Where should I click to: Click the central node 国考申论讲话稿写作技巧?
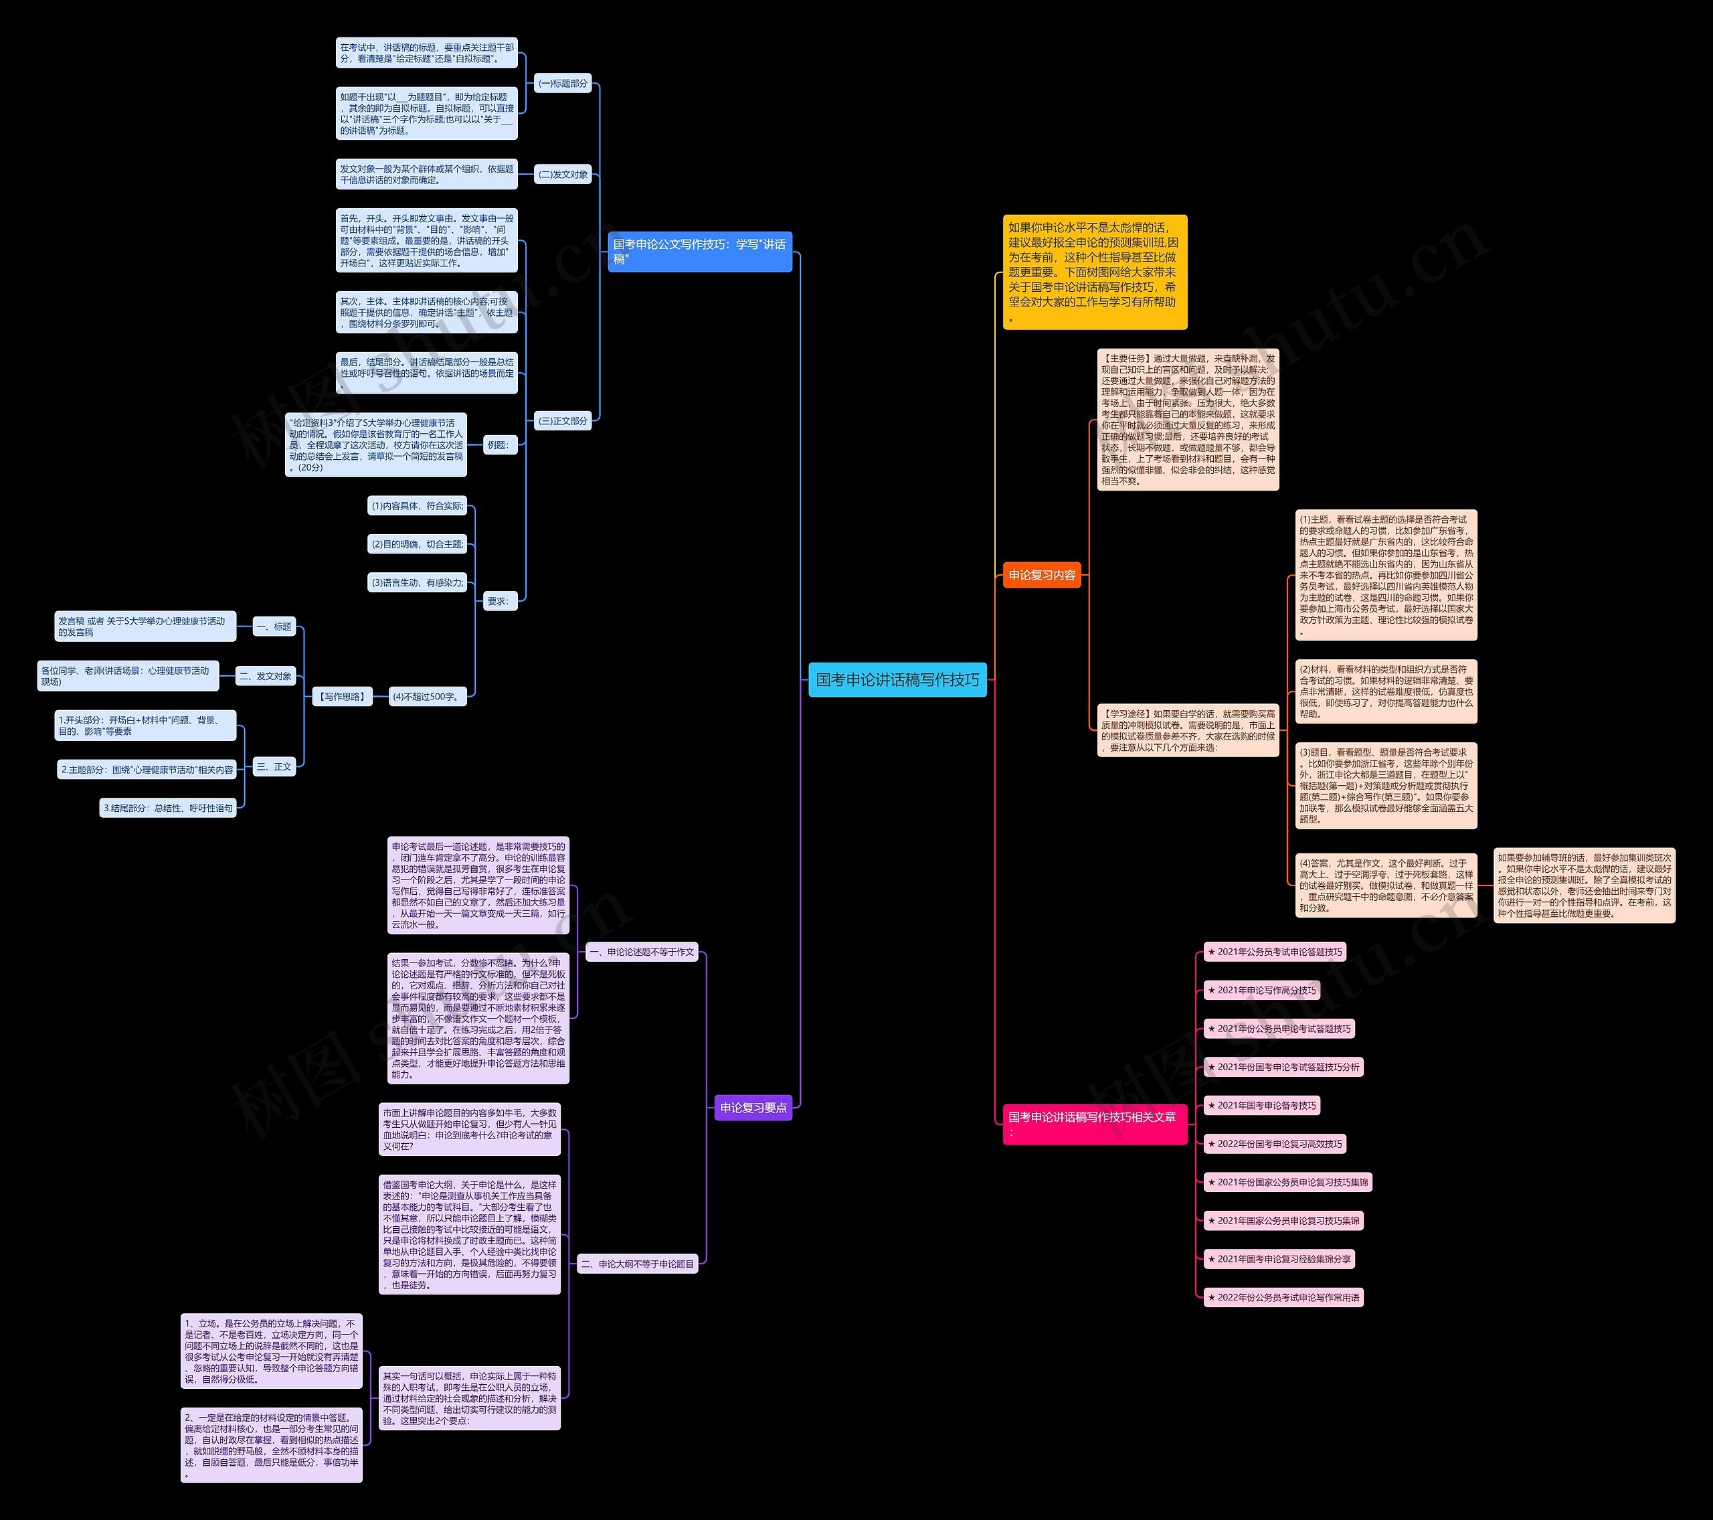point(897,680)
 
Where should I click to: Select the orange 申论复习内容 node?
point(1042,575)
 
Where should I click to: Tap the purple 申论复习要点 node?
point(753,1108)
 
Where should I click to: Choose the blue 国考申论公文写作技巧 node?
point(699,252)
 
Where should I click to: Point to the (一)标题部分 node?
point(562,84)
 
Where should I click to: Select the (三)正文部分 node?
point(562,421)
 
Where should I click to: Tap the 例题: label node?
point(498,445)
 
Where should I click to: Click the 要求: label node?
point(498,600)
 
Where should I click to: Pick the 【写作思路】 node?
point(342,697)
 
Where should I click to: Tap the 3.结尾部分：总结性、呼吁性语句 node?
point(167,809)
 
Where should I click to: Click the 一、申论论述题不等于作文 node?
point(641,952)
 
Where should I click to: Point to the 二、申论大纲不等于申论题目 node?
point(637,1264)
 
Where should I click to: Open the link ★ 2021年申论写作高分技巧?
point(1261,990)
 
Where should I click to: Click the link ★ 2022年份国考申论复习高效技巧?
point(1274,1144)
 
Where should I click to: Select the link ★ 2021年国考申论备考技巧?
point(1261,1105)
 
